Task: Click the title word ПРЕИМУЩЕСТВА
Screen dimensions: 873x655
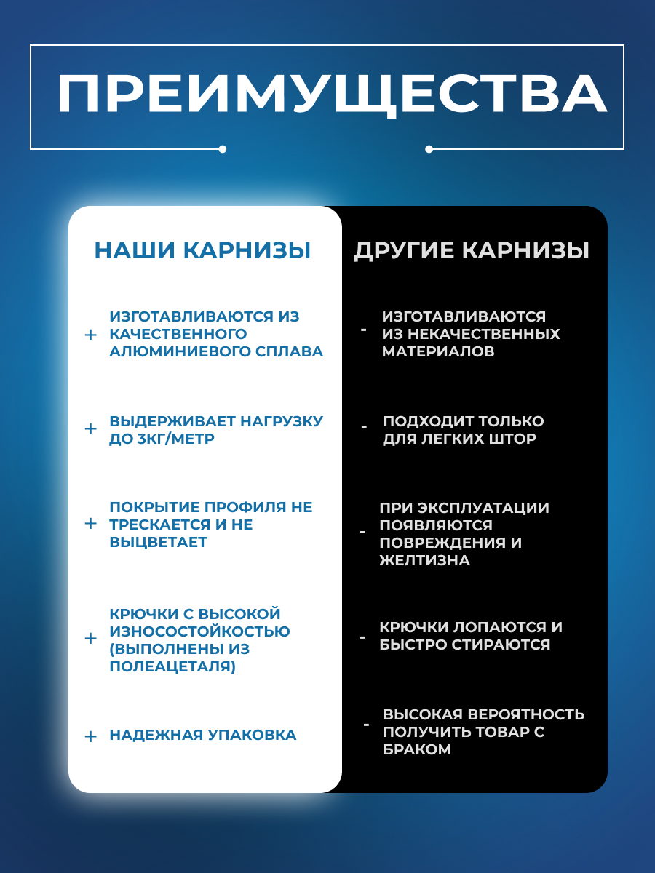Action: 332,94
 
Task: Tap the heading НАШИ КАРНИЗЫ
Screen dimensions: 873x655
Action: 202,251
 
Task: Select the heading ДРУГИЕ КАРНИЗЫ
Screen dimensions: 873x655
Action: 472,251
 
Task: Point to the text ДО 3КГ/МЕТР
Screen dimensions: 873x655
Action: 162,439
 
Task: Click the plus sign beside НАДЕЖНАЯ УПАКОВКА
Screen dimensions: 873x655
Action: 90,736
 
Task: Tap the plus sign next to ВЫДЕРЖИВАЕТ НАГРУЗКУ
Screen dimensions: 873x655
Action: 90,428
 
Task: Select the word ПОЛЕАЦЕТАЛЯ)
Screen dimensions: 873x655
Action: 172,666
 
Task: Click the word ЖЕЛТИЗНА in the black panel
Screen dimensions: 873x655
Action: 424,560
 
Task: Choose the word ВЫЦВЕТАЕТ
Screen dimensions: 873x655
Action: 158,542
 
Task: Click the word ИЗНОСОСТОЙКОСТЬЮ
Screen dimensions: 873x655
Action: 199,631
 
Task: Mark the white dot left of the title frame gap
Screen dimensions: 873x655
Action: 223,149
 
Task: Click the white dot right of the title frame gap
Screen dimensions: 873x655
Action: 429,149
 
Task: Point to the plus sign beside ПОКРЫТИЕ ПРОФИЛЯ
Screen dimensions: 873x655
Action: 90,523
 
